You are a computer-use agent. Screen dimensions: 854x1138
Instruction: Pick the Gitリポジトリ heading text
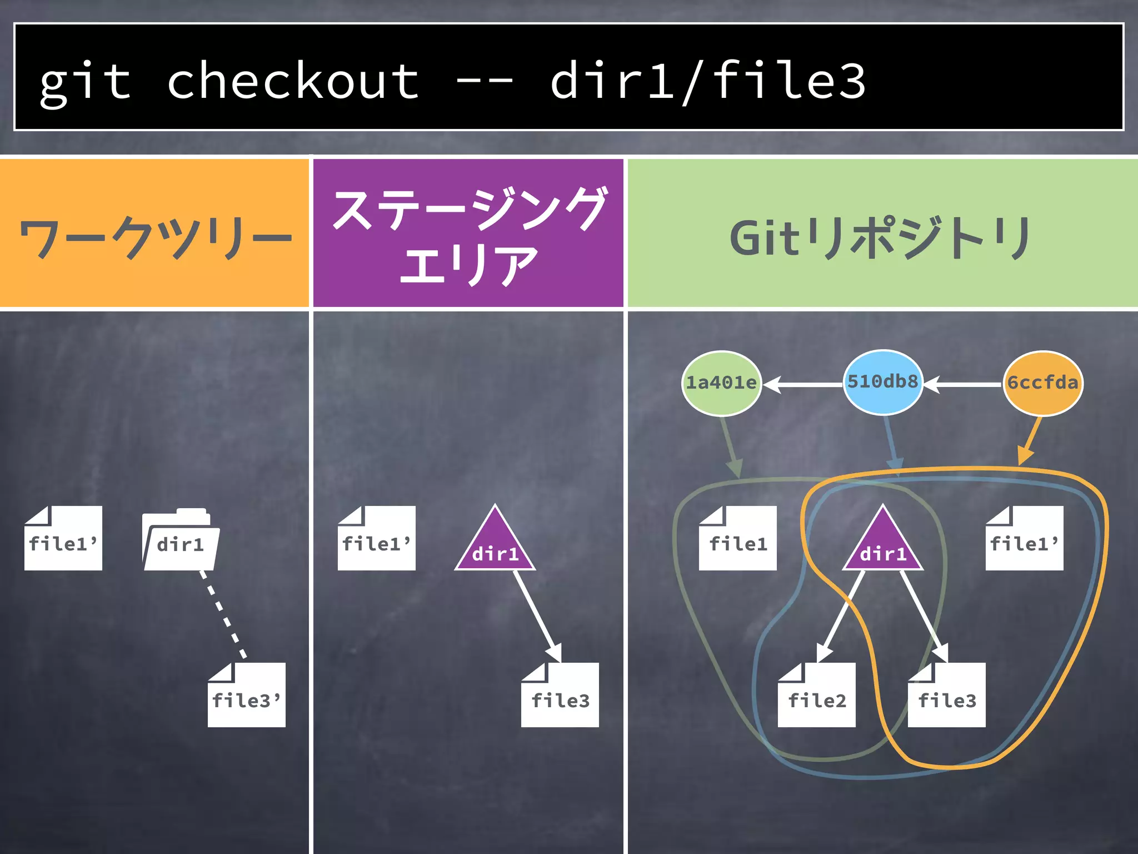tap(881, 238)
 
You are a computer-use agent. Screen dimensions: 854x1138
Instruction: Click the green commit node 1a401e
tap(721, 383)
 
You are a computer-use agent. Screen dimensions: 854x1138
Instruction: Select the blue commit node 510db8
tap(882, 382)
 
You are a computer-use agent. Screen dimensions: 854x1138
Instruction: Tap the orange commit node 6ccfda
tap(1042, 383)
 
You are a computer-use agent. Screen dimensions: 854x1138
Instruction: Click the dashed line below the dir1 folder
tap(223, 615)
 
